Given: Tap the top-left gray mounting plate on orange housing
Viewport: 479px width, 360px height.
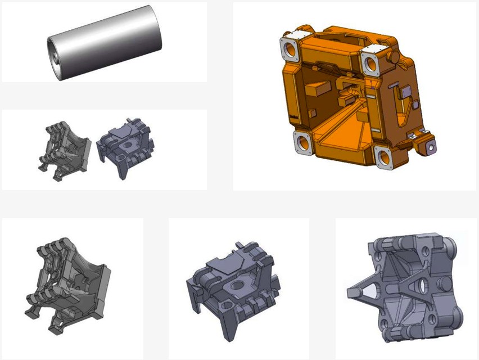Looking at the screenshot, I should pos(290,49).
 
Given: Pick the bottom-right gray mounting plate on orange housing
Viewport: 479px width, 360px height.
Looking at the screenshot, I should pos(385,158).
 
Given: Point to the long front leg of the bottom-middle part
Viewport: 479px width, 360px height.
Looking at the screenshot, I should pos(228,326).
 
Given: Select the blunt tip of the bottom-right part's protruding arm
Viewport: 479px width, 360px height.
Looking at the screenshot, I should pos(351,292).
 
